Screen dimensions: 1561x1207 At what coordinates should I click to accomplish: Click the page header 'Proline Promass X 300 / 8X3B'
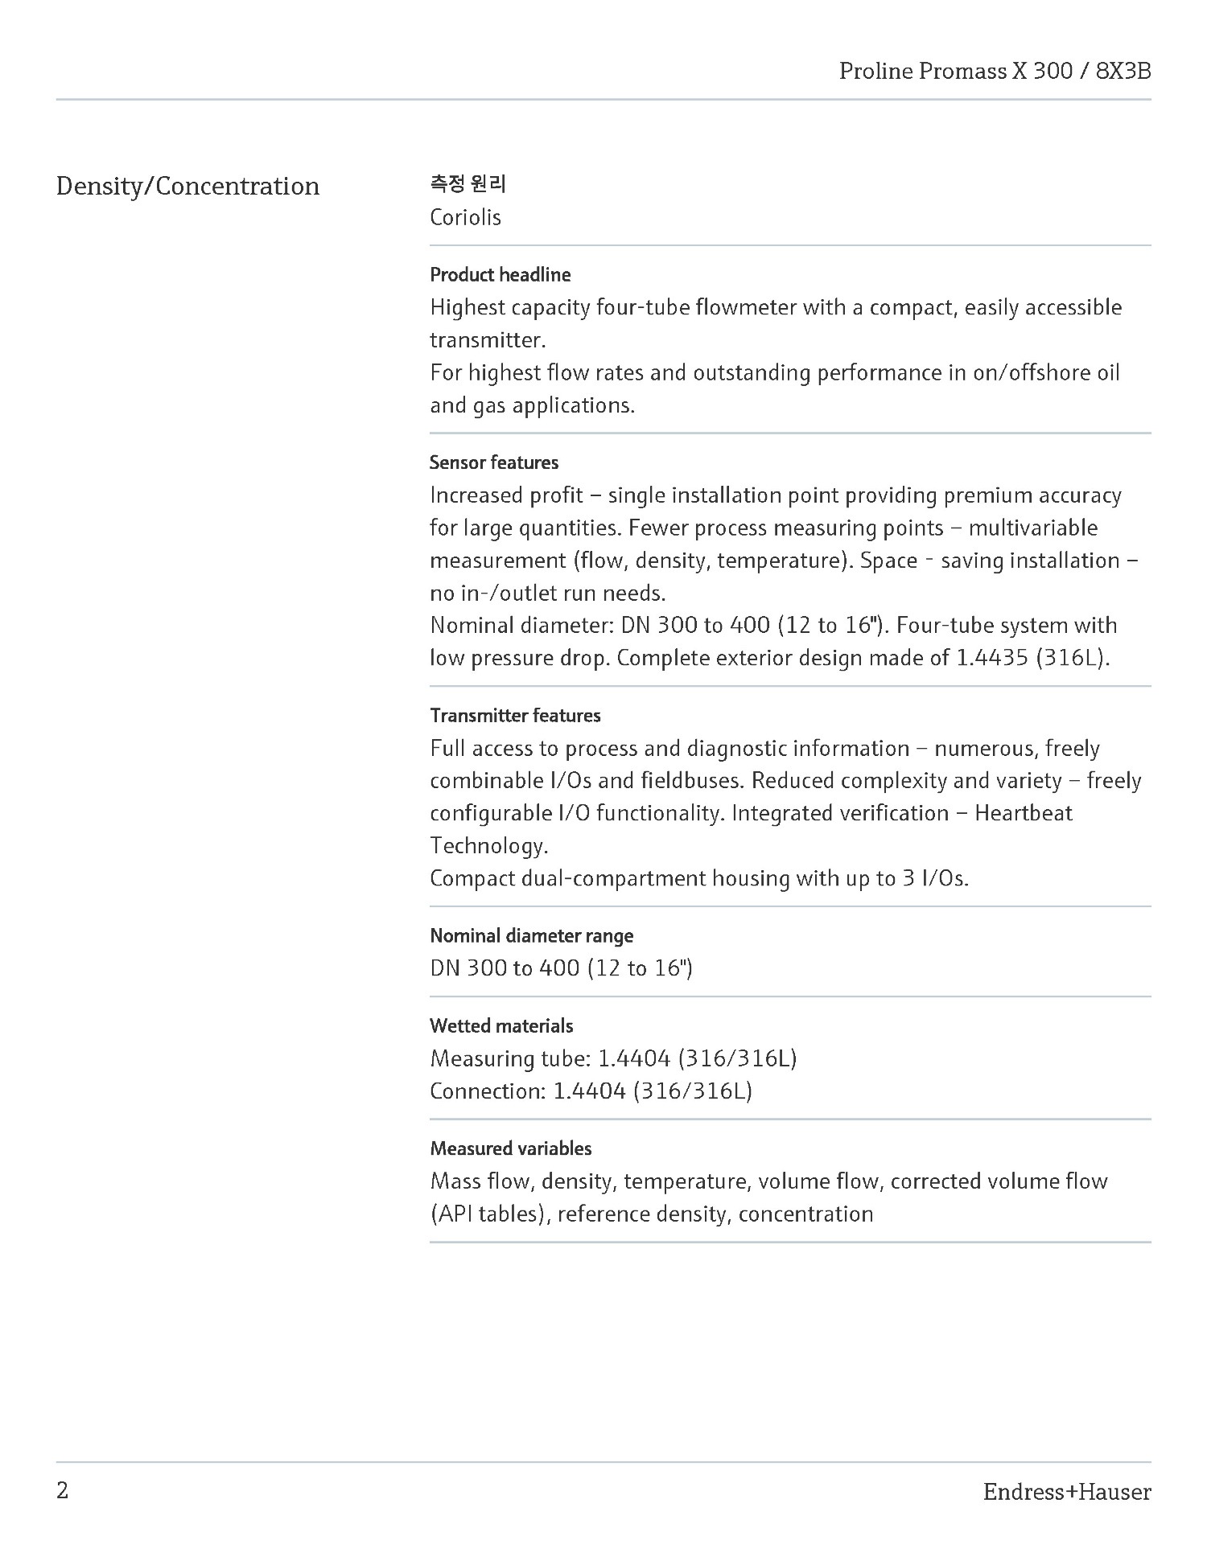pyautogui.click(x=995, y=72)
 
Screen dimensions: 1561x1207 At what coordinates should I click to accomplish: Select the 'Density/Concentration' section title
pyautogui.click(x=187, y=187)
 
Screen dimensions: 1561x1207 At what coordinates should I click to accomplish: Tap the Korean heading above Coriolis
pyautogui.click(x=468, y=184)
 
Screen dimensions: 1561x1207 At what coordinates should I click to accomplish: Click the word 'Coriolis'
pyautogui.click(x=465, y=217)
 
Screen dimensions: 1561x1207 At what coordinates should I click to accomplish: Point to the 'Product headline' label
pyautogui.click(x=500, y=275)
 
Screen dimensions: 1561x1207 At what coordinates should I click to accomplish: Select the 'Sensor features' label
pyautogui.click(x=493, y=462)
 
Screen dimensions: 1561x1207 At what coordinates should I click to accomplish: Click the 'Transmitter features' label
pyautogui.click(x=515, y=716)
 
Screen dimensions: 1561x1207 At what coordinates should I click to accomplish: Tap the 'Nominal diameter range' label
pyautogui.click(x=531, y=935)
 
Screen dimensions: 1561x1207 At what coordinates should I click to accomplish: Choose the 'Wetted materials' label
pyautogui.click(x=501, y=1026)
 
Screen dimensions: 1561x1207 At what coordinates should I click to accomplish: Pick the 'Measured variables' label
pyautogui.click(x=510, y=1148)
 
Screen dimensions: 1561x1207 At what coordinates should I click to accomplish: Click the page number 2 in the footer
pyautogui.click(x=63, y=1491)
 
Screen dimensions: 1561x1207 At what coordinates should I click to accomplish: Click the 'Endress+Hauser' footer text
pyautogui.click(x=1066, y=1493)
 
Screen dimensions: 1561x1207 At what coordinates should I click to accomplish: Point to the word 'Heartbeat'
pyautogui.click(x=1023, y=813)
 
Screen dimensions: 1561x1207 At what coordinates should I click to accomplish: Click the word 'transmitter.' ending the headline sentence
pyautogui.click(x=488, y=340)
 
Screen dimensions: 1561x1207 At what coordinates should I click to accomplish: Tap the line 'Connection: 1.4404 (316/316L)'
pyautogui.click(x=591, y=1091)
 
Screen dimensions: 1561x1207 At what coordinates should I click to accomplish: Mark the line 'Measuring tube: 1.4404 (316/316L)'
pyautogui.click(x=613, y=1058)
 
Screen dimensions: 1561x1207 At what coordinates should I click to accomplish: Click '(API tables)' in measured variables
pyautogui.click(x=489, y=1214)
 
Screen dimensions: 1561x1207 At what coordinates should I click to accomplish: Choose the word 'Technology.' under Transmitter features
pyautogui.click(x=488, y=846)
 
